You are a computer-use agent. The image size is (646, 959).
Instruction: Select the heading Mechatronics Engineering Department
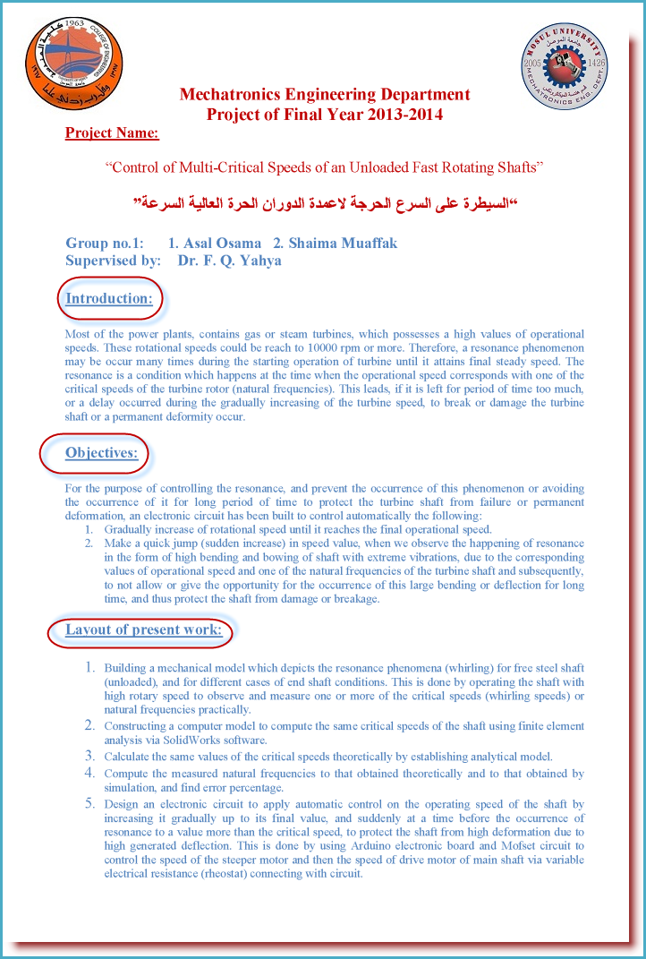[x=325, y=95]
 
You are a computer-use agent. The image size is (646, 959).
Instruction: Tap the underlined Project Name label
[x=112, y=133]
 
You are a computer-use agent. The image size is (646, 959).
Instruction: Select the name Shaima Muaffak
[x=343, y=244]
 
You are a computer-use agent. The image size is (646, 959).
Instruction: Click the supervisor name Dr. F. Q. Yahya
[x=229, y=261]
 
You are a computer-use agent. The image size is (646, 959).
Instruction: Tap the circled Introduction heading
[x=109, y=298]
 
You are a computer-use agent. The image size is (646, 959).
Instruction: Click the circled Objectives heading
[x=101, y=452]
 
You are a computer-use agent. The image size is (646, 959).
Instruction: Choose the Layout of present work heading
[x=143, y=629]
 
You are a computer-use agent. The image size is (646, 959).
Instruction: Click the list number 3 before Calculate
[x=89, y=756]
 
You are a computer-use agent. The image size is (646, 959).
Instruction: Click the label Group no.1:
[x=105, y=244]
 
